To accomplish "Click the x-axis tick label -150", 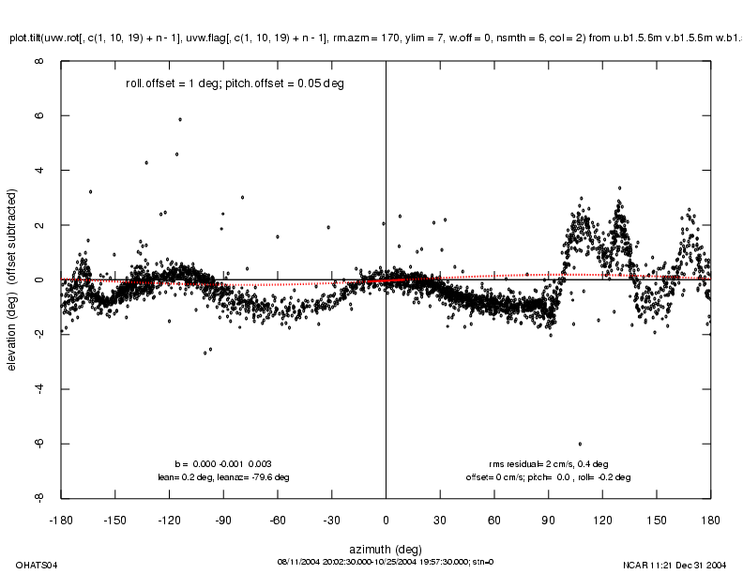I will pyautogui.click(x=115, y=517).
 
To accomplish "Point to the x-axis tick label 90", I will pyautogui.click(x=548, y=517).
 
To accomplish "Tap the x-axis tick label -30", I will pyautogui.click(x=331, y=517).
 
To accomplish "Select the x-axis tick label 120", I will pyautogui.click(x=601, y=517).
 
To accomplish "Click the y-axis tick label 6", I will pyautogui.click(x=38, y=116).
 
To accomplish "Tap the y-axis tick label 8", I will pyautogui.click(x=38, y=62).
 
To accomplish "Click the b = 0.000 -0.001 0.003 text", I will pyautogui.click(x=223, y=463).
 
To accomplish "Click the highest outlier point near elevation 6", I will pyautogui.click(x=179, y=119).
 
